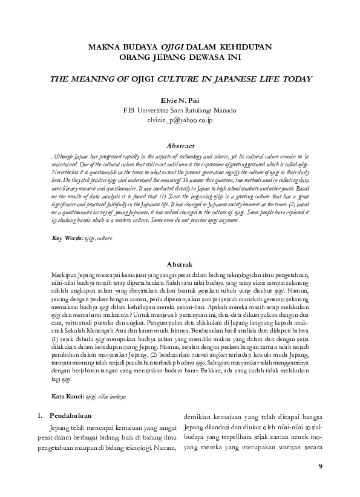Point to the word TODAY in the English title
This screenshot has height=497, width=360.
pyautogui.click(x=295, y=79)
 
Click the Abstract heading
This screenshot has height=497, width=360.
pyautogui.click(x=180, y=146)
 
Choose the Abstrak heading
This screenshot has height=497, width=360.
pyautogui.click(x=180, y=265)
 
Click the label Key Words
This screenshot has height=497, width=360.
pyautogui.click(x=67, y=239)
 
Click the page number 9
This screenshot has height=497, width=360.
pyautogui.click(x=320, y=466)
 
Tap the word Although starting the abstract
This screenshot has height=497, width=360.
pyautogui.click(x=64, y=155)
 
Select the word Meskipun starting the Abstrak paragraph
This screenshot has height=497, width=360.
pyautogui.click(x=65, y=274)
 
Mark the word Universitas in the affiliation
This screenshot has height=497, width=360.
pyautogui.click(x=159, y=110)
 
